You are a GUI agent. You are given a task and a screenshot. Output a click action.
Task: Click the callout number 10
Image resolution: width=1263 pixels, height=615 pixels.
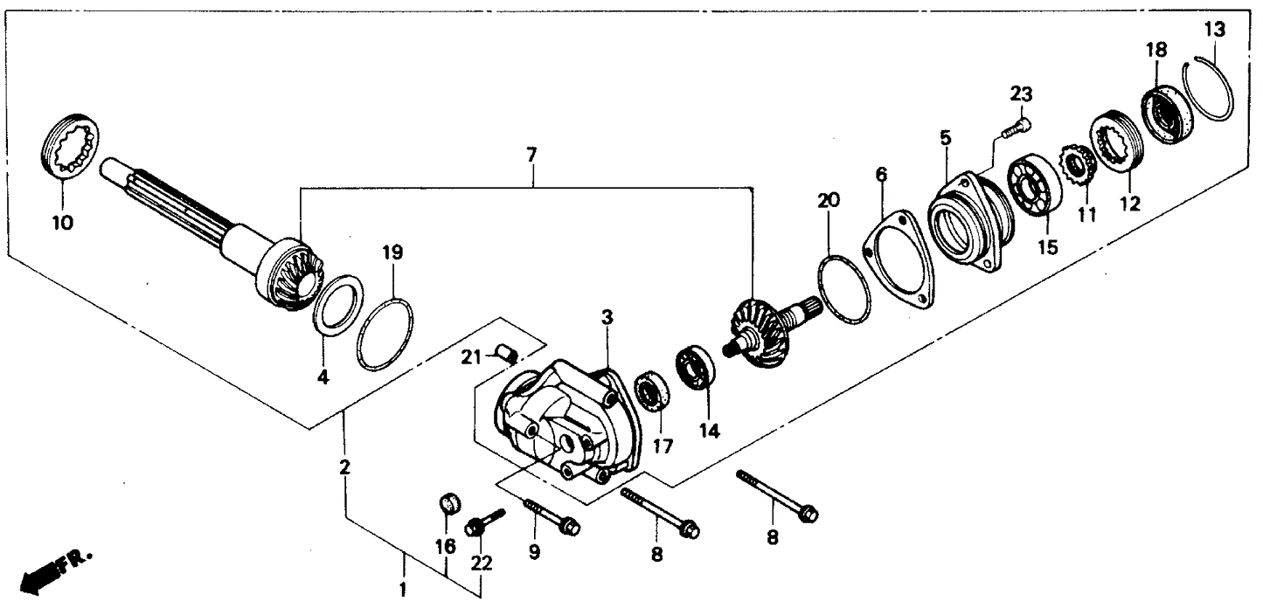(x=61, y=222)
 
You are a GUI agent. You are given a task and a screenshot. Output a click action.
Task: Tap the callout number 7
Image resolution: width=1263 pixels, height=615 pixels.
(x=531, y=155)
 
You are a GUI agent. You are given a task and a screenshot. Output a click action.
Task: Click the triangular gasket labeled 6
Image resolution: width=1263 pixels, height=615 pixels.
(x=898, y=259)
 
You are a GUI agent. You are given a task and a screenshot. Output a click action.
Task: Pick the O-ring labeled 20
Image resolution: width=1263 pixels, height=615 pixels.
(x=844, y=288)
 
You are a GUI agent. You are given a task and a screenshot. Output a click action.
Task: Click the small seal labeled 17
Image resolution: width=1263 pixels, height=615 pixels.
(x=651, y=391)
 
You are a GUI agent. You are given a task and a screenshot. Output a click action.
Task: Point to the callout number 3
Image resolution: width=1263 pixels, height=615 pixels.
(x=606, y=316)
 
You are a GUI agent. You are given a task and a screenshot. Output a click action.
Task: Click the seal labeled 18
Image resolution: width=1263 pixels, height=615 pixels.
(x=1164, y=112)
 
